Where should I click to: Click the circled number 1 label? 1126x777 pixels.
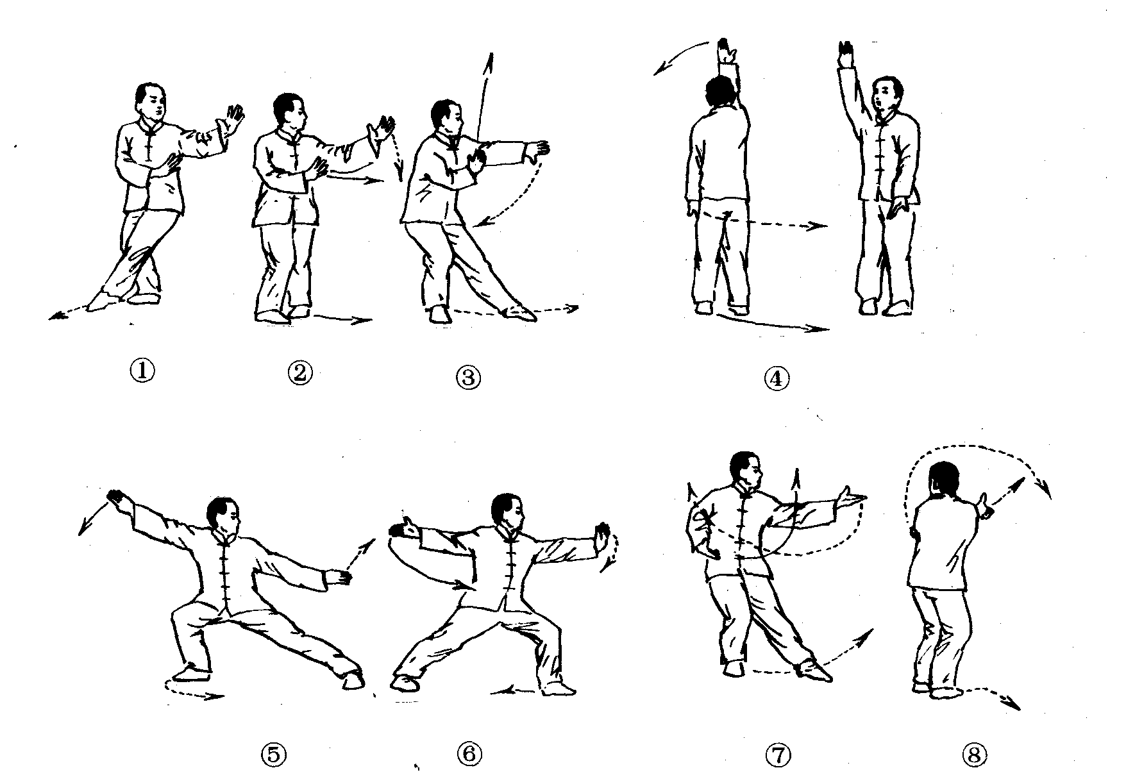[142, 371]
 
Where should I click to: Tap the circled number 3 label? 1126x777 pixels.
[468, 378]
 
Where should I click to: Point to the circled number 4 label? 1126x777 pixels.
[777, 379]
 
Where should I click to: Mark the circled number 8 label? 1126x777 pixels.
[974, 756]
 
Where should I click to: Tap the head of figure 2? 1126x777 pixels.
[290, 113]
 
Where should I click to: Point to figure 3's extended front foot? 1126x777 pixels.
[521, 312]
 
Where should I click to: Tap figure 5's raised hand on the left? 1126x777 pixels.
[116, 498]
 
